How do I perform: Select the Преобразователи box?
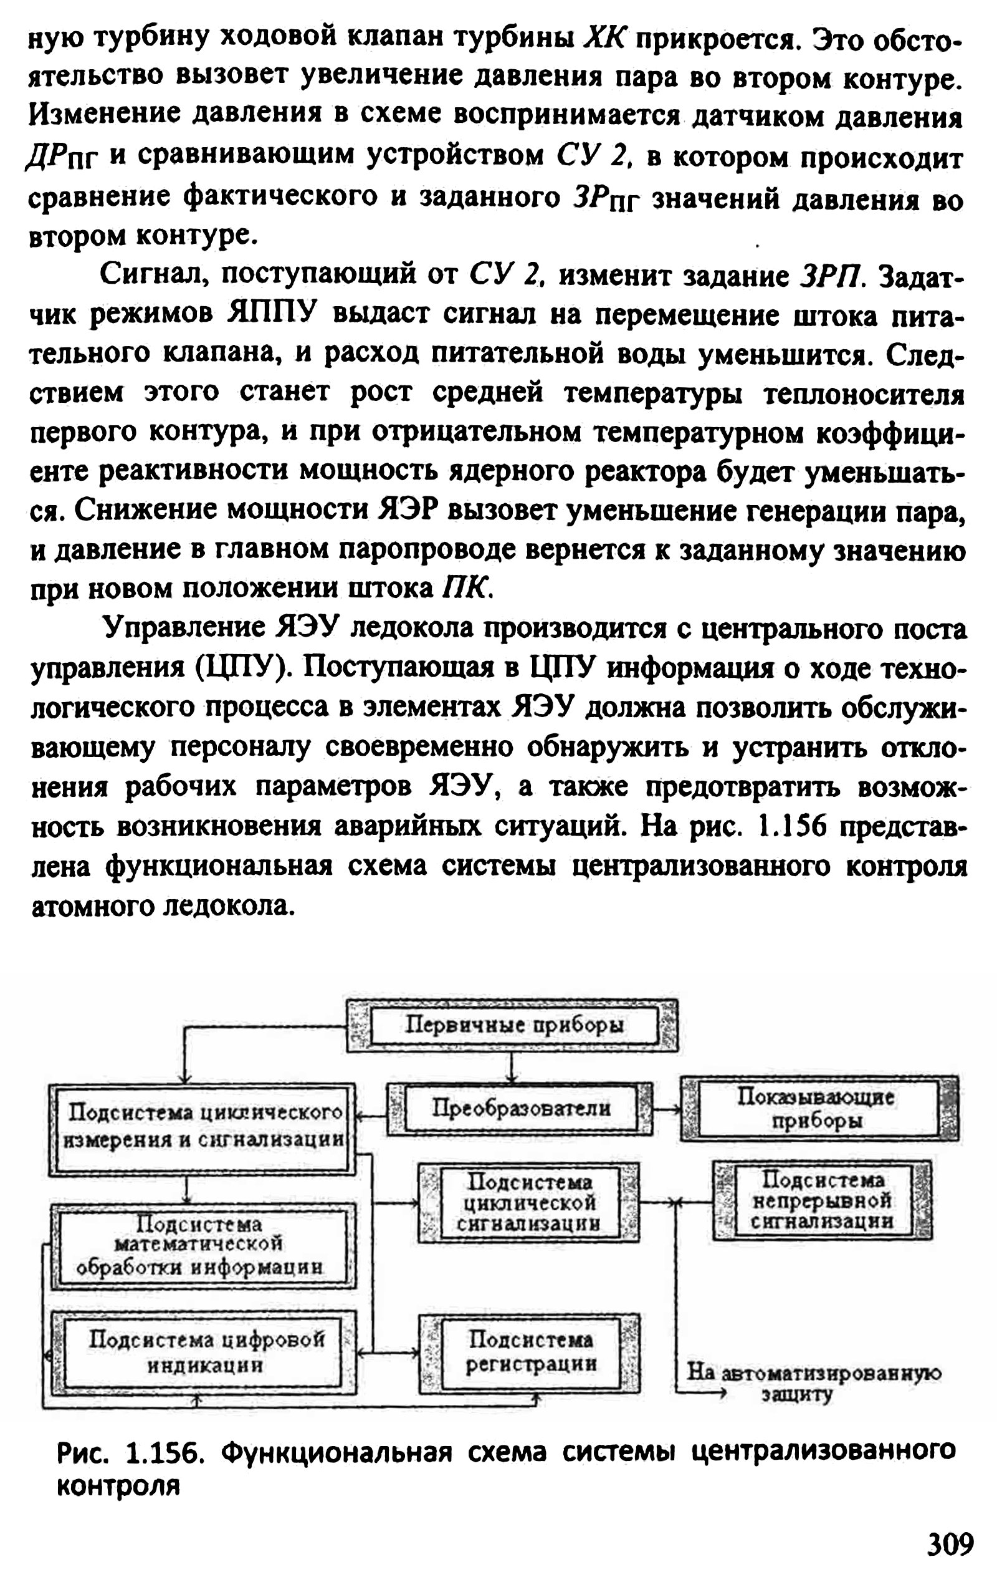[x=520, y=1108]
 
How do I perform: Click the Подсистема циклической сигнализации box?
[x=529, y=1203]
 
